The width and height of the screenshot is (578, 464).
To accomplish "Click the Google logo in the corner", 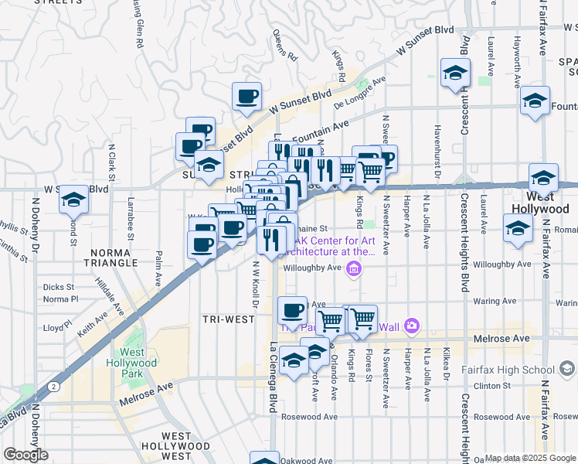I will point(25,455).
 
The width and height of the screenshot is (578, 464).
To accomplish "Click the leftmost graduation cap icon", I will point(73,200).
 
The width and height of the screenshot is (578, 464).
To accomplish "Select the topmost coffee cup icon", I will point(246,97).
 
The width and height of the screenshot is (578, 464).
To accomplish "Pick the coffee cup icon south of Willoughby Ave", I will point(292,310).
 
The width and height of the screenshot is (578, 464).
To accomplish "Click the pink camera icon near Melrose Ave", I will point(411,327).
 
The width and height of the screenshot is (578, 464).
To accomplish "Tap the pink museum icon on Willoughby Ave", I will point(354,268).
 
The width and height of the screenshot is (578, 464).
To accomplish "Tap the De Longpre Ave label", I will point(359,93).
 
